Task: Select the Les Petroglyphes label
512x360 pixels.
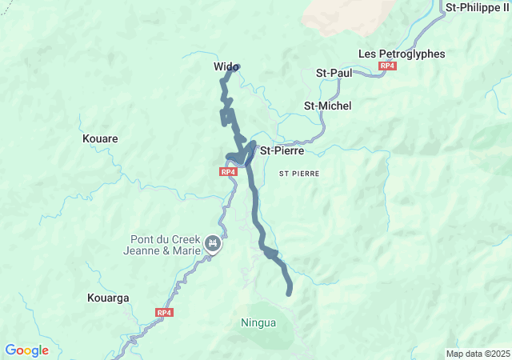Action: point(401,54)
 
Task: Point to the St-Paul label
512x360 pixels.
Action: point(334,73)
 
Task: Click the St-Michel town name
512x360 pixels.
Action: point(328,106)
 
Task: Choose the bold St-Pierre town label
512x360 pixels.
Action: point(282,150)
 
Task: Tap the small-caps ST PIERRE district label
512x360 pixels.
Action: point(299,173)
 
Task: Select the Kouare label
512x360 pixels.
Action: point(100,138)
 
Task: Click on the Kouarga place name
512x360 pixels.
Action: point(106,298)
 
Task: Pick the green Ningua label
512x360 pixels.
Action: point(258,323)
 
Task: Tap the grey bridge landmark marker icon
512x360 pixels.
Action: point(212,243)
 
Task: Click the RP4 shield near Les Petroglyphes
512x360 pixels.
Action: point(388,66)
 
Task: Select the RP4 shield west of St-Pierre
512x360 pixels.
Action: point(228,171)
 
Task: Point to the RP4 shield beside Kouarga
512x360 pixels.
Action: point(164,312)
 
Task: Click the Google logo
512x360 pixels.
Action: point(27,350)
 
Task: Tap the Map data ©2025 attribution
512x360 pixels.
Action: point(477,354)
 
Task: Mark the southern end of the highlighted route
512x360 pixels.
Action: point(290,293)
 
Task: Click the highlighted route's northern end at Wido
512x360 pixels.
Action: point(236,68)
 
